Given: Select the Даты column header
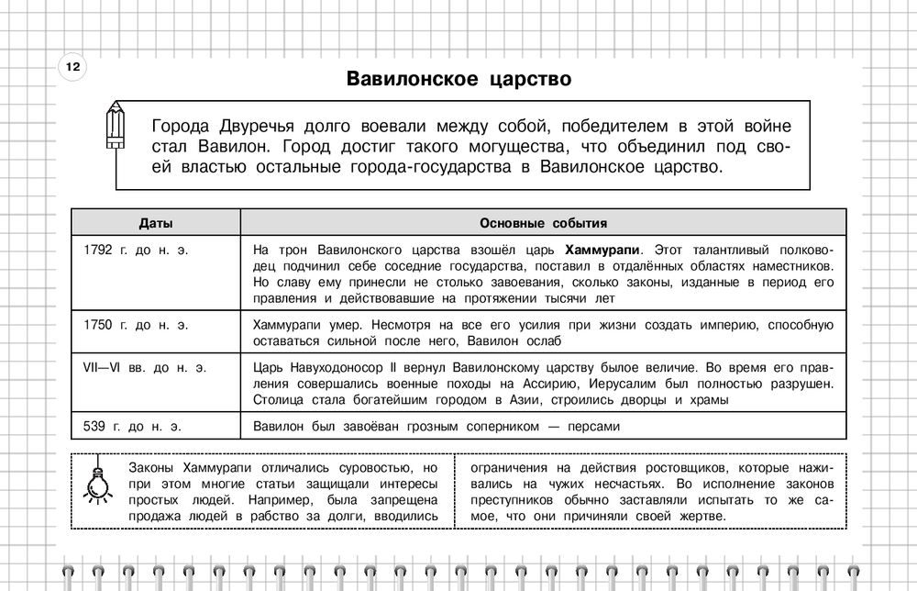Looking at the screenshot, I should [155, 223].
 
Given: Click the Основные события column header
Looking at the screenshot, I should [543, 223].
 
